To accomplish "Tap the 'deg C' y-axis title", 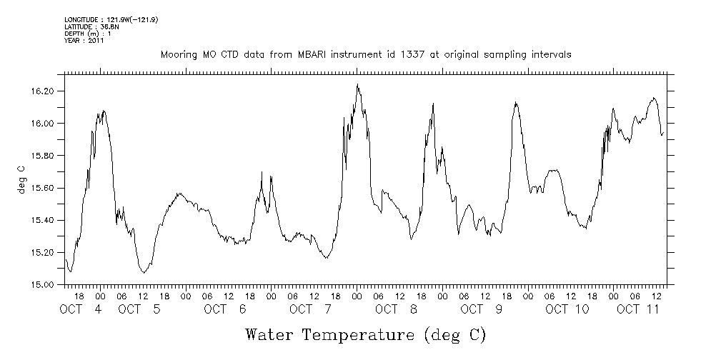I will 22,179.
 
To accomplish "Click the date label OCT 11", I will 638,309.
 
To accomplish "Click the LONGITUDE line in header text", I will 111,19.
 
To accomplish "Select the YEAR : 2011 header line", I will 84,41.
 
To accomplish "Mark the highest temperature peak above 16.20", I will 357,85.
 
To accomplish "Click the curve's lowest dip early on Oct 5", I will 144,272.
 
